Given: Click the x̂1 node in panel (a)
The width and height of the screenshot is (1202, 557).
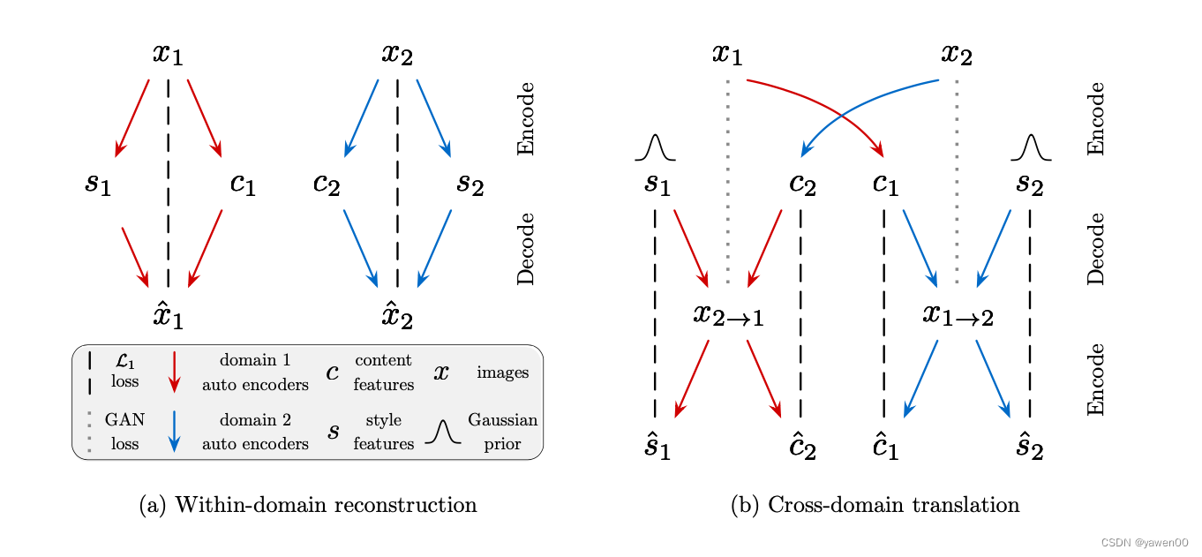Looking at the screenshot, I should [x=168, y=313].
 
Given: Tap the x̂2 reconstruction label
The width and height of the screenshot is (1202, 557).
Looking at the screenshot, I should [x=396, y=313].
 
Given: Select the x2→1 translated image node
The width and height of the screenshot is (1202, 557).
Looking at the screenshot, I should [x=728, y=314].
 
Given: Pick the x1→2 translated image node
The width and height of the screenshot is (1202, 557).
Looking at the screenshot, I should [x=958, y=314].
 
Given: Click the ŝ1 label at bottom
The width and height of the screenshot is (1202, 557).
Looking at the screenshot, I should [x=656, y=448].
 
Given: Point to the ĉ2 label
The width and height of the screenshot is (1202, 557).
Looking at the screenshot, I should [x=801, y=448].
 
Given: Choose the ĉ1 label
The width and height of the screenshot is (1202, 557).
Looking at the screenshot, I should [x=885, y=448].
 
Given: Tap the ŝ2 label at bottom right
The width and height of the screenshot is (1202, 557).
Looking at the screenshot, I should [x=1030, y=448].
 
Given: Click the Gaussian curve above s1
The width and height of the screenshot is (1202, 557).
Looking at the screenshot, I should [x=655, y=148].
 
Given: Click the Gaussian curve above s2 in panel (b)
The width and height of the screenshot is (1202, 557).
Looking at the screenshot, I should [x=1031, y=148].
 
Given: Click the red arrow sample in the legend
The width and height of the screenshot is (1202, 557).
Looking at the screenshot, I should [x=174, y=372].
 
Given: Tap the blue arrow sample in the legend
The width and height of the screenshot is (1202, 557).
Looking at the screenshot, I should [x=174, y=431].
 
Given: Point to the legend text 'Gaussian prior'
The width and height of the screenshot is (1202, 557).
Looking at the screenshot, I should [x=502, y=431].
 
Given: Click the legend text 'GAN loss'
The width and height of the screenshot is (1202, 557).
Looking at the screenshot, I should [x=124, y=431].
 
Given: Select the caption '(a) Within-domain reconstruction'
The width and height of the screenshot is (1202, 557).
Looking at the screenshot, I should [x=308, y=506].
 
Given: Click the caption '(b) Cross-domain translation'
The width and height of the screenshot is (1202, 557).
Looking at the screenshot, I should [x=875, y=506].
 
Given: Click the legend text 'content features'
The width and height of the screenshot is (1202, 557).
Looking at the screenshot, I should [x=383, y=373].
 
